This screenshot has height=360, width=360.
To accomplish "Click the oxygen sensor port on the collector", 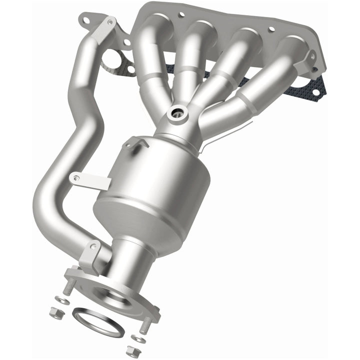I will (x=176, y=113).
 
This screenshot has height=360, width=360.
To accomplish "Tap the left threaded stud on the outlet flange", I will (x=70, y=285).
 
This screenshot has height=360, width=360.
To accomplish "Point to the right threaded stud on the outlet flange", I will (x=145, y=325).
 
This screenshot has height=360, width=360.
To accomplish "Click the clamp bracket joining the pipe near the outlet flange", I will (x=91, y=253).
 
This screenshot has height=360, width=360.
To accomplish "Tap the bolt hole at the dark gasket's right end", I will (x=316, y=92).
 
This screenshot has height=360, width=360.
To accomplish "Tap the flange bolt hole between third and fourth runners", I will (x=272, y=31).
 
